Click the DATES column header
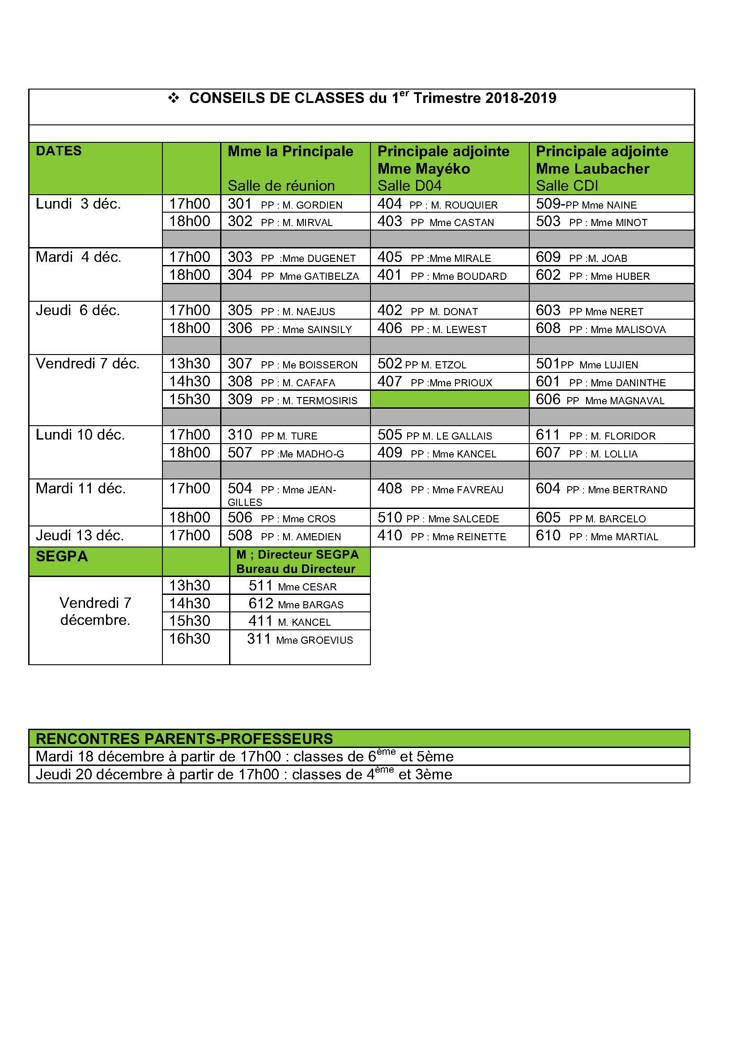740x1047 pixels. (x=59, y=151)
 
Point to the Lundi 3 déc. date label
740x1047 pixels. (x=78, y=204)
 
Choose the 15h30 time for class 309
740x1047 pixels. (x=190, y=399)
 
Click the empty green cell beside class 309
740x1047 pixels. (x=449, y=399)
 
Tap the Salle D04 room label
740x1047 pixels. (x=409, y=186)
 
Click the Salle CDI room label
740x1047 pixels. (x=566, y=186)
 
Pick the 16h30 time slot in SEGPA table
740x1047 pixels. (x=190, y=639)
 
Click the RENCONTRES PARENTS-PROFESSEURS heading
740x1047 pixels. (x=184, y=739)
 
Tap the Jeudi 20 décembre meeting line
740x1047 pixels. (x=244, y=774)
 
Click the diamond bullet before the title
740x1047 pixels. (x=173, y=98)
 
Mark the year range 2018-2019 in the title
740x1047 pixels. (x=520, y=98)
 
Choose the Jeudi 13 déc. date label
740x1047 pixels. (x=80, y=535)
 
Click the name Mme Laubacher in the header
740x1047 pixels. (x=592, y=169)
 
